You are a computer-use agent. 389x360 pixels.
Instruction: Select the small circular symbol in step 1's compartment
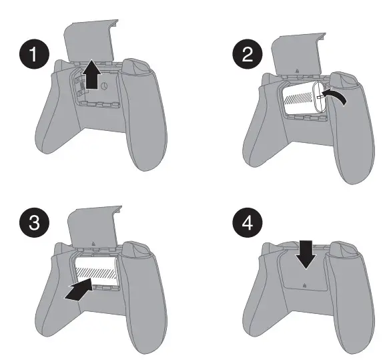[106, 85]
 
